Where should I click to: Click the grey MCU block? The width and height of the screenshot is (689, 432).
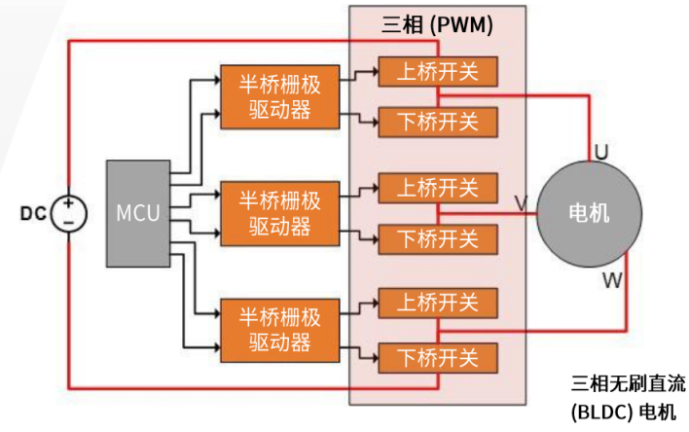point(138,212)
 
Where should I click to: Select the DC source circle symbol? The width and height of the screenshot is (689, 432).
point(68,212)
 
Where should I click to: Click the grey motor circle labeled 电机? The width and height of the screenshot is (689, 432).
point(588,213)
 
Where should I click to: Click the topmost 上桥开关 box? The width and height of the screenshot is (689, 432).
point(437,70)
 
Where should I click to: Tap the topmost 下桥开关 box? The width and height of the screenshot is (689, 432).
point(437,122)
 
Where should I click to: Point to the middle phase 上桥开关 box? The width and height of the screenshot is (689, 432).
point(437,186)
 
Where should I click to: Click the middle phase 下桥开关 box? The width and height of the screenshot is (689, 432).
point(437,237)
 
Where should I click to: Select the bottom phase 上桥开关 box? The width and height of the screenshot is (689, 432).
point(437,304)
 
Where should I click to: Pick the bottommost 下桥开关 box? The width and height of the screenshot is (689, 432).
point(437,356)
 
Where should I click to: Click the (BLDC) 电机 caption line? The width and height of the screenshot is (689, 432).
point(622,412)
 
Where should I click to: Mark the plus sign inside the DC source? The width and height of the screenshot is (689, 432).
point(68,203)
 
